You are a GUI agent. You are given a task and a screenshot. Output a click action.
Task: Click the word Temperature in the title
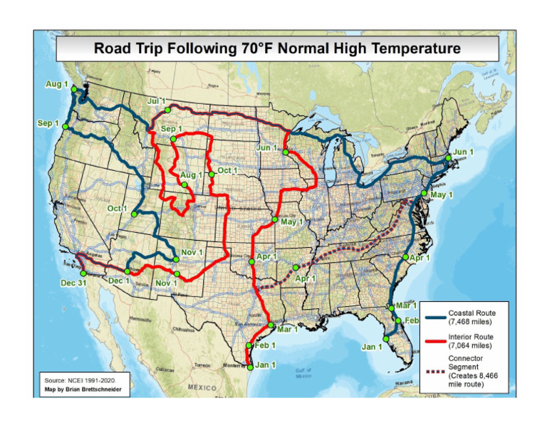(x=415, y=49)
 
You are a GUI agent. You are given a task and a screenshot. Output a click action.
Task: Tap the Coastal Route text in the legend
(x=472, y=313)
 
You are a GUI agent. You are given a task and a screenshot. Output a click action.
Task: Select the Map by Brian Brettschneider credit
(x=83, y=388)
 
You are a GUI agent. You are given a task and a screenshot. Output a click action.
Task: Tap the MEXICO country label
(x=202, y=387)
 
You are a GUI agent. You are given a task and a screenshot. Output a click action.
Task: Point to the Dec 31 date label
(x=71, y=283)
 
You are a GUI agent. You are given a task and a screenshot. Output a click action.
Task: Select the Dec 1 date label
(x=118, y=281)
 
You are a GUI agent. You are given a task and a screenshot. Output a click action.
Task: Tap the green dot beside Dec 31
(x=83, y=273)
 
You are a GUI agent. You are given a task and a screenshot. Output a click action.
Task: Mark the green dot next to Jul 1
(x=167, y=110)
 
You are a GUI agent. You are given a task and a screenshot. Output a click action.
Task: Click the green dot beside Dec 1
(x=127, y=271)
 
